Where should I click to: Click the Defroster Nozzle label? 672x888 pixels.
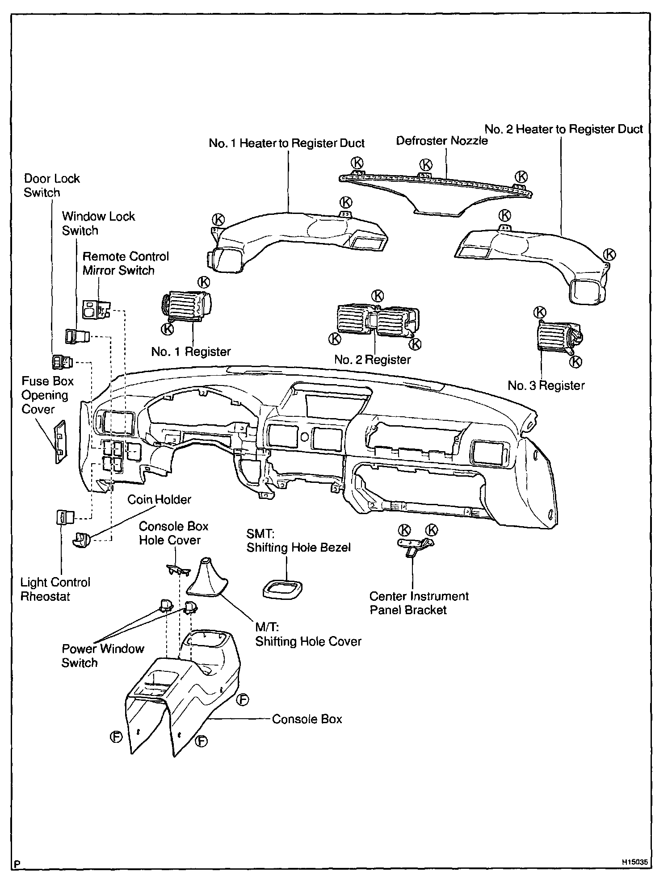pyautogui.click(x=441, y=141)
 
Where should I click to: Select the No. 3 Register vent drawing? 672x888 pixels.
pyautogui.click(x=559, y=337)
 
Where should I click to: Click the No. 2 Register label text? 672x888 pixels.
pyautogui.click(x=372, y=360)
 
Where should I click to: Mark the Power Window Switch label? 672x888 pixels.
pyautogui.click(x=103, y=656)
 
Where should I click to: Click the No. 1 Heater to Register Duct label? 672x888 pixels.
pyautogui.click(x=286, y=143)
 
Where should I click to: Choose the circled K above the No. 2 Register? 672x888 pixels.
pyautogui.click(x=378, y=295)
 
